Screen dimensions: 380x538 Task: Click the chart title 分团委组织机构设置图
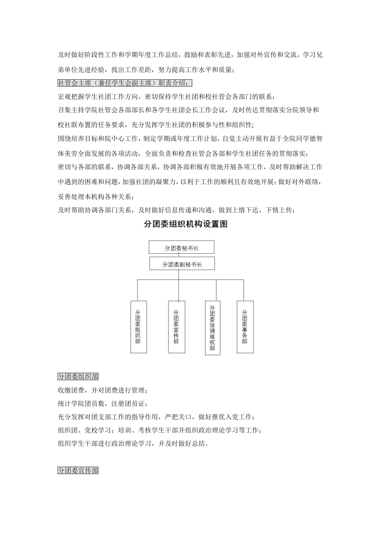coord(186,225)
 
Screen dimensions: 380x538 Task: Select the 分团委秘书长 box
coord(182,247)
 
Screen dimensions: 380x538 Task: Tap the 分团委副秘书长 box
coord(182,264)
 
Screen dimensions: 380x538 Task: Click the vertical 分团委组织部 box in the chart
coord(138,327)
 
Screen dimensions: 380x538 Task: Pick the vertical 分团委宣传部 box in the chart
coord(176,327)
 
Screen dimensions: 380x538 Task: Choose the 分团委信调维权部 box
coord(212,328)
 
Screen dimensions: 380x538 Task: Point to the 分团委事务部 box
coord(245,327)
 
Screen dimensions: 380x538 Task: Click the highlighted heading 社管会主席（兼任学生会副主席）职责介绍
coord(125,83)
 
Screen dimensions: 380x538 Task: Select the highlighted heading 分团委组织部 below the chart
coord(78,377)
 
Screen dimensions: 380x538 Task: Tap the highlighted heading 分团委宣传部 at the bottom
coord(78,471)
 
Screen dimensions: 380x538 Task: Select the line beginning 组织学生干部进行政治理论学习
coord(133,444)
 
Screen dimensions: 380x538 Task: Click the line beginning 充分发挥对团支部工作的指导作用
coord(156,417)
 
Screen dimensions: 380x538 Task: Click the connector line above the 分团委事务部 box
coord(244,290)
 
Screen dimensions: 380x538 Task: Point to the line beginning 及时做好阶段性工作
coord(190,55)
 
